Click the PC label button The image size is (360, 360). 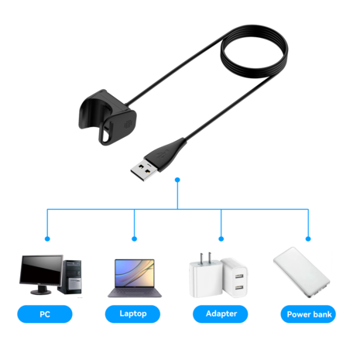click(x=44, y=314)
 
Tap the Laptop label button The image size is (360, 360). click(x=134, y=314)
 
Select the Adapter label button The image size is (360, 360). click(x=222, y=314)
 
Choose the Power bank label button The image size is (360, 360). click(x=308, y=314)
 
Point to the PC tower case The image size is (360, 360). click(x=73, y=275)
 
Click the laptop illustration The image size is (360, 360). click(x=134, y=278)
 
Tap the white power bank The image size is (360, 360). click(x=302, y=273)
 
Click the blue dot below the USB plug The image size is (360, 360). click(x=178, y=180)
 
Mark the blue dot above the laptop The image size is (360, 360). click(x=134, y=239)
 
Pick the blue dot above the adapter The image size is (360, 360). click(x=222, y=239)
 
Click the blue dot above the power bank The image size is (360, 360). click(x=308, y=239)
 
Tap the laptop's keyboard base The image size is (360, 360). click(x=134, y=293)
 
